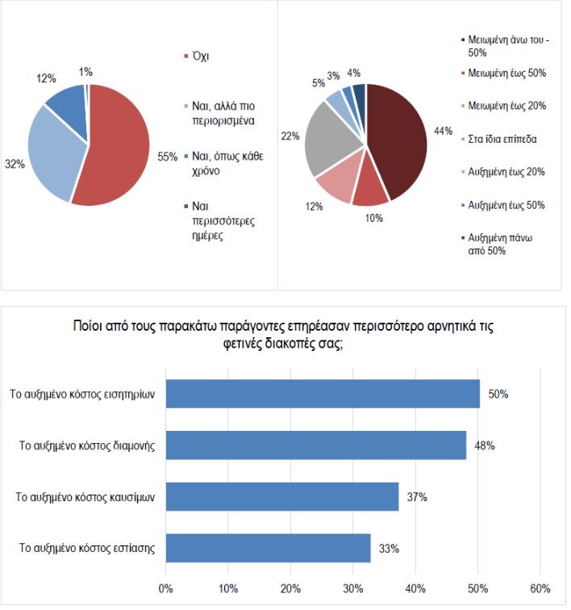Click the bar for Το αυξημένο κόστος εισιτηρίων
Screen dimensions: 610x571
(x=323, y=395)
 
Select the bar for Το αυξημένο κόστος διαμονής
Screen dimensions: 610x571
(x=315, y=445)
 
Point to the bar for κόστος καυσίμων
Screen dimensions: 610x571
(x=281, y=496)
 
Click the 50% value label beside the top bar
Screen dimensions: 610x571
(x=498, y=395)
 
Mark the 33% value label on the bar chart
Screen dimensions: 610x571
(x=390, y=549)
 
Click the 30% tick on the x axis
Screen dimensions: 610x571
(x=352, y=587)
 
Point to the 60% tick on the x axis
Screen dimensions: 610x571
(x=540, y=587)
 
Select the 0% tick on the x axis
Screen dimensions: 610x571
(x=165, y=587)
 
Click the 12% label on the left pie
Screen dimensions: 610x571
(x=46, y=78)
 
